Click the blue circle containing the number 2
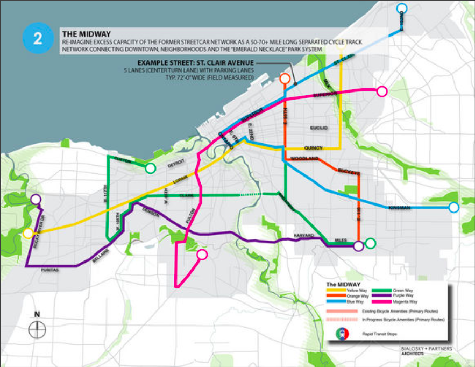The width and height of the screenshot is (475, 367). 37,38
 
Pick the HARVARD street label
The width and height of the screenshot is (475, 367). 303,235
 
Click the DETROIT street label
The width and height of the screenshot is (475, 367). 175,161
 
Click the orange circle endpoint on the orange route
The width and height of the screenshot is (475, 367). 285,80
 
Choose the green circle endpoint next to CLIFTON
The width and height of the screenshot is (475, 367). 151,168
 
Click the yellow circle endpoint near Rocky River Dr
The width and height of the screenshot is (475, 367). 28,233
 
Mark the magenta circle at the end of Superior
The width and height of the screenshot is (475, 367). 381,91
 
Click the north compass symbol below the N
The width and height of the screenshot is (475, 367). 37,329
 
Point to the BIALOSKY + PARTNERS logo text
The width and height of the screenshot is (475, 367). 427,349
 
